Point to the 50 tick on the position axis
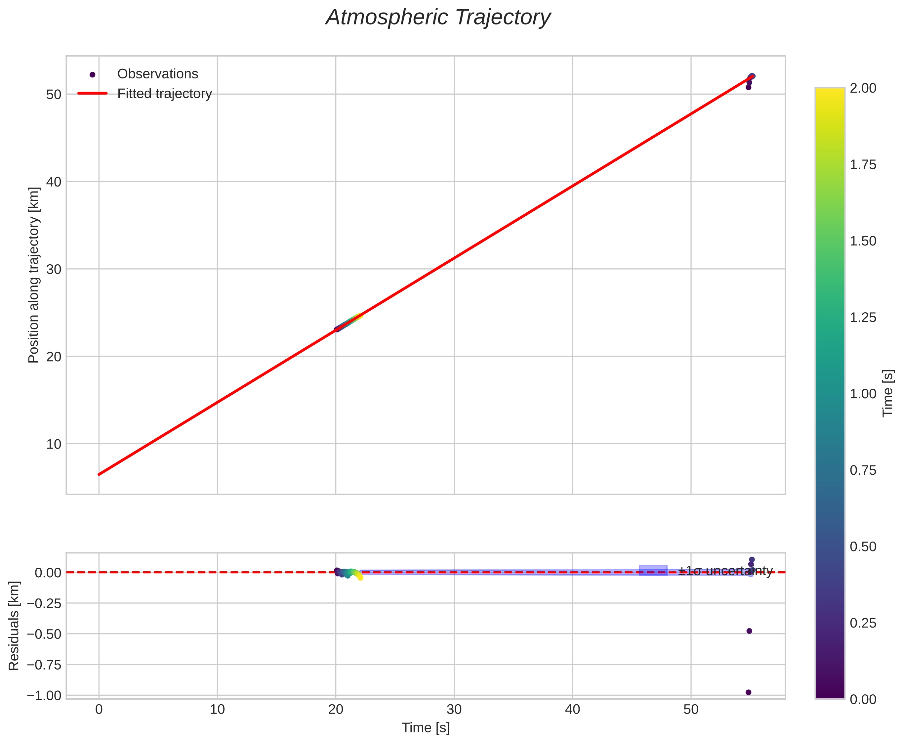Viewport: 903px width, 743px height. pyautogui.click(x=54, y=95)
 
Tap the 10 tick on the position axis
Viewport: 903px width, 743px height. pyautogui.click(x=54, y=444)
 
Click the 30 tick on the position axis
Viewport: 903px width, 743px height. pyautogui.click(x=54, y=270)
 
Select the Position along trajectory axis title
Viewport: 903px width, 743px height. pyautogui.click(x=34, y=275)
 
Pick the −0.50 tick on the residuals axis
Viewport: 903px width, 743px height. pyautogui.click(x=45, y=634)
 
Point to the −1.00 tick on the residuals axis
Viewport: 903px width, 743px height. pyautogui.click(x=45, y=695)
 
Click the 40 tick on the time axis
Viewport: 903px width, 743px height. pyautogui.click(x=572, y=710)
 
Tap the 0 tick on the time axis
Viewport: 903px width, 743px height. pyautogui.click(x=99, y=710)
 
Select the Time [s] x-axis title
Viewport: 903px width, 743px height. pyautogui.click(x=426, y=728)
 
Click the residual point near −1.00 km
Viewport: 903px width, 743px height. pyautogui.click(x=748, y=692)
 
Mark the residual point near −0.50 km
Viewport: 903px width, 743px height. pyautogui.click(x=749, y=631)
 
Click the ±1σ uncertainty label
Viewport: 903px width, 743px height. pyautogui.click(x=725, y=571)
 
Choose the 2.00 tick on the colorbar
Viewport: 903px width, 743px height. pyautogui.click(x=863, y=88)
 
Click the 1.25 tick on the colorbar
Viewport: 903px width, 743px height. pyautogui.click(x=863, y=318)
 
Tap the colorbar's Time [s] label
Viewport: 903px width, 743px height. pyautogui.click(x=888, y=393)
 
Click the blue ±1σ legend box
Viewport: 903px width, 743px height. pyautogui.click(x=653, y=571)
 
